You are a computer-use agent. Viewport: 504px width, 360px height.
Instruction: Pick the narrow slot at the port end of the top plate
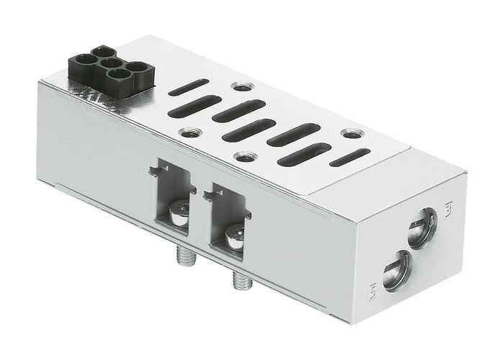point(351,157)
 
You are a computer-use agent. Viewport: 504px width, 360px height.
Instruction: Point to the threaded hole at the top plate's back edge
point(238,87)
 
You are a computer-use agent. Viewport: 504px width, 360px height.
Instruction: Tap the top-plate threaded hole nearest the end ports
point(351,134)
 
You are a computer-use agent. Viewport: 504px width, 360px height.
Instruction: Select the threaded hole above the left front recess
point(190,132)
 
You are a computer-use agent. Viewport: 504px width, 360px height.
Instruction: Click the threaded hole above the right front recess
point(246,156)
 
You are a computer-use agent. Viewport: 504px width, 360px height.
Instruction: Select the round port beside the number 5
point(396,269)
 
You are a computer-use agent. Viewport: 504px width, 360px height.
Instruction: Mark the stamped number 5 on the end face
point(372,292)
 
